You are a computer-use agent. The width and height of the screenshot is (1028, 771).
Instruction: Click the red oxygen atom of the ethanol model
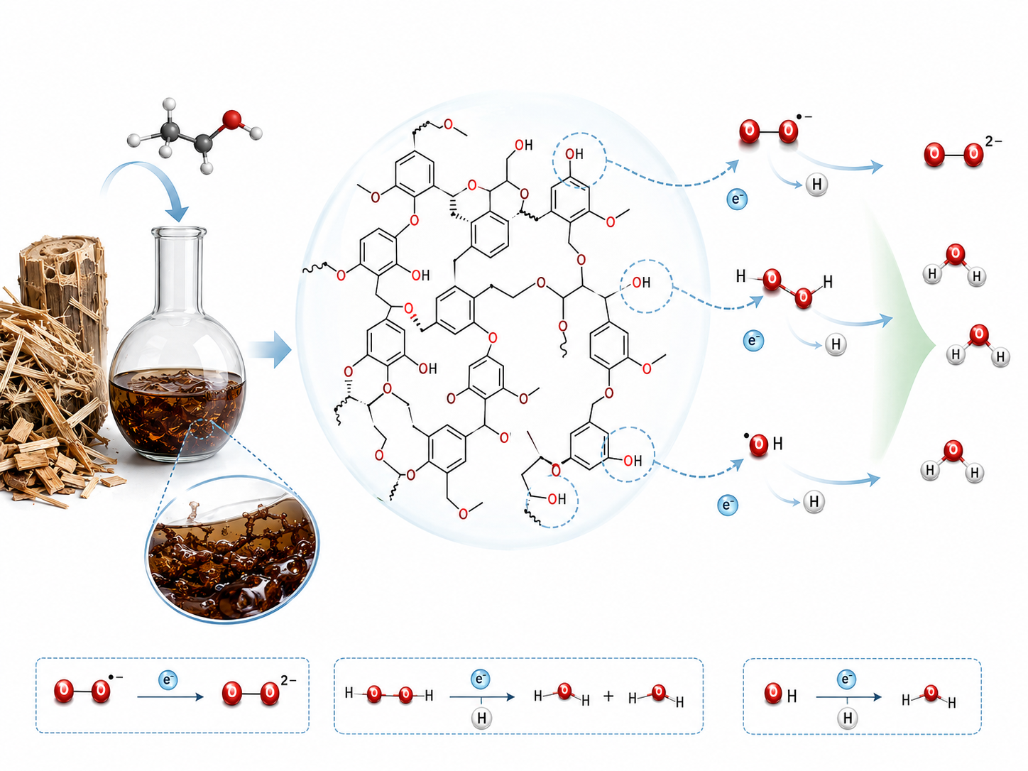pos(232,119)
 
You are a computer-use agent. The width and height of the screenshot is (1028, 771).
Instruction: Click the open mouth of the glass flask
pos(179,231)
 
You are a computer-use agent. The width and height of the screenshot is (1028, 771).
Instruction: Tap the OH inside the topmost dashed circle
pos(574,154)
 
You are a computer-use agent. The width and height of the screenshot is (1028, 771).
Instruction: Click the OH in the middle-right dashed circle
pos(641,283)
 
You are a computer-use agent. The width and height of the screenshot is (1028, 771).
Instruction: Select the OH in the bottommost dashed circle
pos(557,499)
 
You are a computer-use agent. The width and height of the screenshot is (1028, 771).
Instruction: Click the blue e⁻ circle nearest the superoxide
pos(737,199)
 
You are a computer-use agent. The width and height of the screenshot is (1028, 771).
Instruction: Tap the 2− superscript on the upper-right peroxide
pos(993,141)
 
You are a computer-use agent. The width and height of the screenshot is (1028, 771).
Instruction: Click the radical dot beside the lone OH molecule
pos(746,436)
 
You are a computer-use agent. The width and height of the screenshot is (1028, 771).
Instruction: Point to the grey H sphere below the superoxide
pos(816,185)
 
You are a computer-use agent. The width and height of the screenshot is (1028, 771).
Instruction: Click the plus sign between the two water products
pos(608,696)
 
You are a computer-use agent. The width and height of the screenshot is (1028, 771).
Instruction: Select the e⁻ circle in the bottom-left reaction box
pos(168,679)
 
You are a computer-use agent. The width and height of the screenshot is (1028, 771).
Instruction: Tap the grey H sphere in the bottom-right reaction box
pos(847,718)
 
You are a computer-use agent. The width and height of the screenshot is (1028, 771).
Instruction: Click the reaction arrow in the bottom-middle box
pos(482,697)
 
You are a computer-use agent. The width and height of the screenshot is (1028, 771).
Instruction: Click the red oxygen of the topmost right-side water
pos(955,254)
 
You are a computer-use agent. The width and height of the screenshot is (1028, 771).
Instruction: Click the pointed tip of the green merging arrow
pos(935,346)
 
